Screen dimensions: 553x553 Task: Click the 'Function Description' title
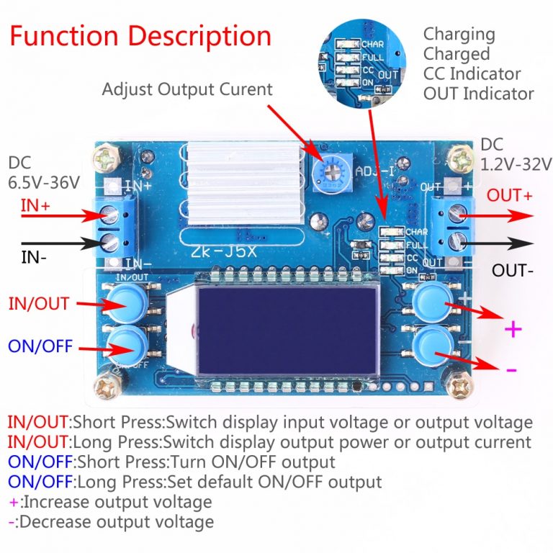click(x=140, y=36)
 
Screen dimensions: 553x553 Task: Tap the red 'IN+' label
click(x=35, y=205)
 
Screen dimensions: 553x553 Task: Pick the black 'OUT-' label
click(x=512, y=271)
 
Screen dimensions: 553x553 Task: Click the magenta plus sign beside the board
click(x=512, y=330)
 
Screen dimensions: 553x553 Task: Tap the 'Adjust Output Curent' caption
click(x=187, y=89)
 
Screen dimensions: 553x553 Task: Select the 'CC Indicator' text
click(x=472, y=73)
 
